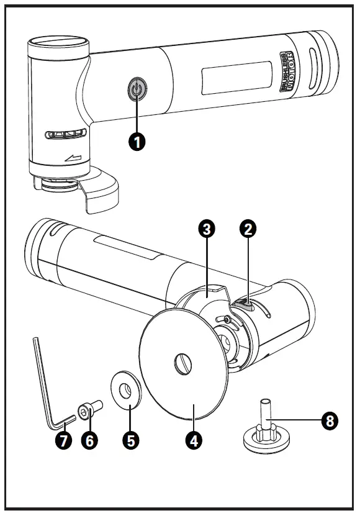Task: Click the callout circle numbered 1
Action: (x=137, y=142)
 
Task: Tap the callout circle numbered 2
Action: (x=248, y=229)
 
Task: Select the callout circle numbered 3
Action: (x=207, y=229)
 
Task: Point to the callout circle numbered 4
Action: (x=194, y=440)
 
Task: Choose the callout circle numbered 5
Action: (x=131, y=440)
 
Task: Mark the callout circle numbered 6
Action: (x=89, y=440)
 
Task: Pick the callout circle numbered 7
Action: (x=63, y=440)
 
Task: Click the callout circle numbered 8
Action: (x=330, y=420)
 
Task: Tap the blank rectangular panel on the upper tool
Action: (x=236, y=78)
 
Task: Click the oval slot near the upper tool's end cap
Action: (x=313, y=68)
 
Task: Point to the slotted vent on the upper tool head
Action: (x=66, y=134)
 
